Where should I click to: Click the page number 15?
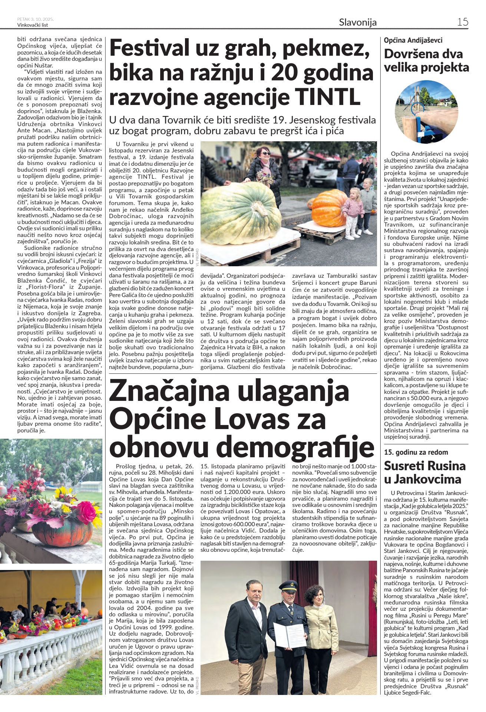coord(462,22)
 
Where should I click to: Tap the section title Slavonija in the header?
coord(357,22)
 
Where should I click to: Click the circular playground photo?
coord(426,112)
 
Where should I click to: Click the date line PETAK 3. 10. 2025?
coord(35,19)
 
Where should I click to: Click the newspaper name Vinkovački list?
coord(33,25)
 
